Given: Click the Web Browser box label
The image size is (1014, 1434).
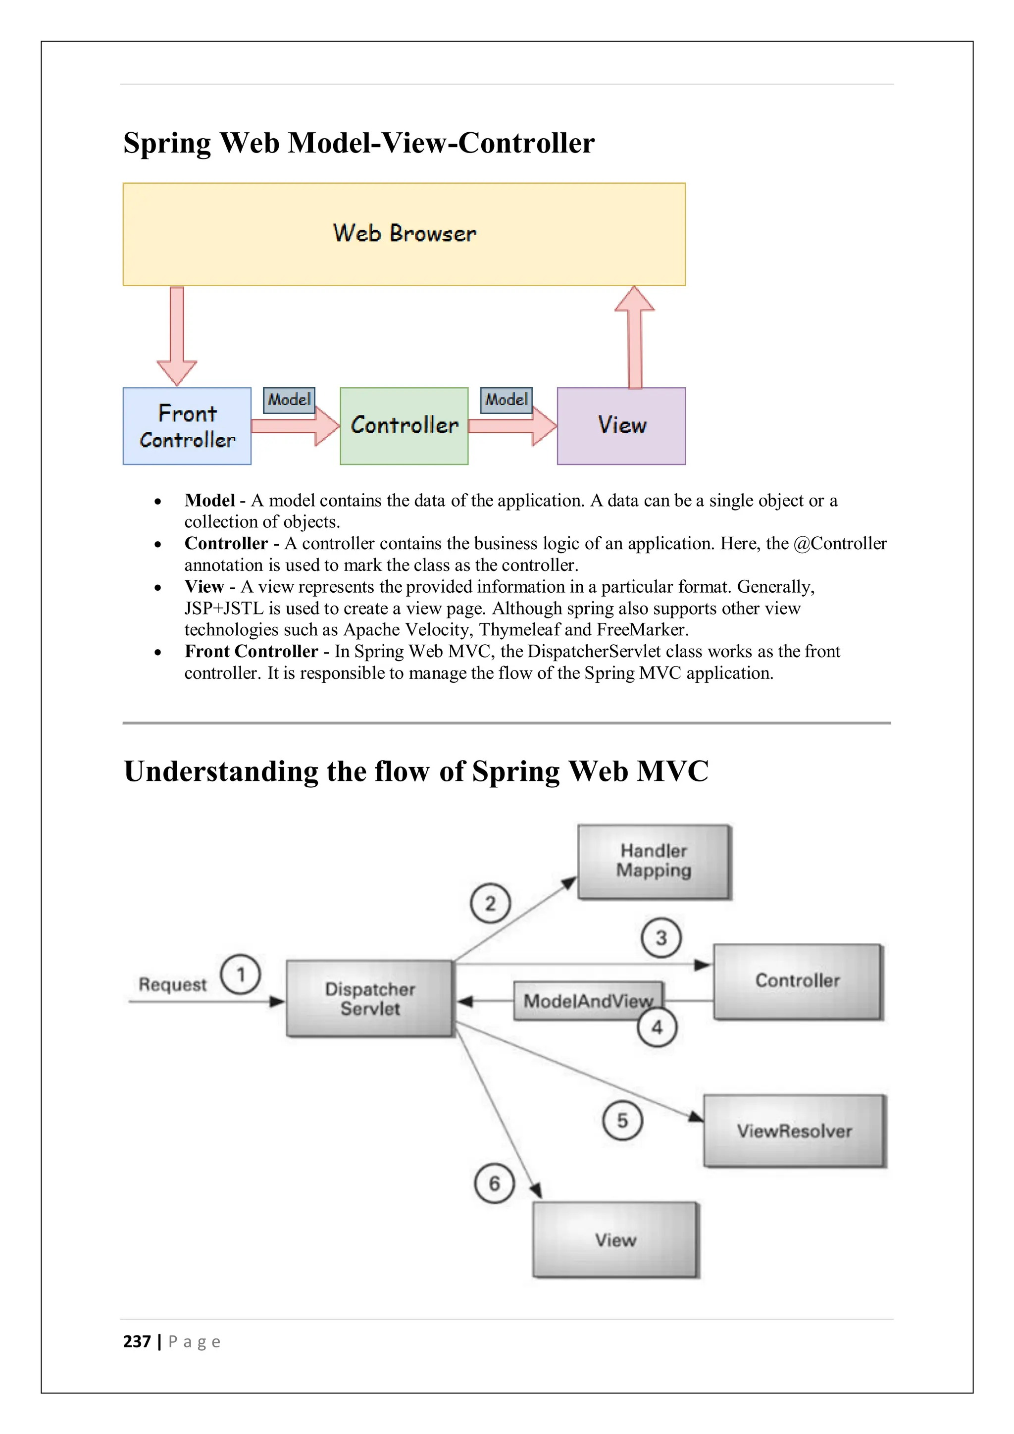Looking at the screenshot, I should pos(405,234).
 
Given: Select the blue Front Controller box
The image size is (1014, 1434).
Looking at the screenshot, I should pos(187,426).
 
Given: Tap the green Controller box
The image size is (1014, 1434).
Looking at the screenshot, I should pos(404,426).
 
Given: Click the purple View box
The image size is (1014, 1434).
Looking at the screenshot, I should pos(621,426).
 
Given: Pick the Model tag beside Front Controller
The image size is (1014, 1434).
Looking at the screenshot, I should pos(289,400).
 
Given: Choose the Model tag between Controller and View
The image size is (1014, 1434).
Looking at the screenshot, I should pos(507,400).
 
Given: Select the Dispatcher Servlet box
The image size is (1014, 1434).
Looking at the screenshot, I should pos(370,999).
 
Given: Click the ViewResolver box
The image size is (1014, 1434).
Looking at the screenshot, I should pos(794,1131).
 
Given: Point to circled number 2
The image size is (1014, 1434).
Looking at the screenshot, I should pos(490,903).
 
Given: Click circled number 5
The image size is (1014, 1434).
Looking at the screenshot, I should pos(622,1121).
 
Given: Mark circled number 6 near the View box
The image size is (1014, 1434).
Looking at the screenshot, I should pos(495,1183).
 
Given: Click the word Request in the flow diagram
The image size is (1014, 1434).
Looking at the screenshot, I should pos(172,985).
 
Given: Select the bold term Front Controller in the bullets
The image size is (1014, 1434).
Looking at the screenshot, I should pos(251,652).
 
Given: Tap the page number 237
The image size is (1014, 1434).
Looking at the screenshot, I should pos(137,1341).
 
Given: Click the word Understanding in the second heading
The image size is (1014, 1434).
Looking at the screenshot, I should pos(220,771).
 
